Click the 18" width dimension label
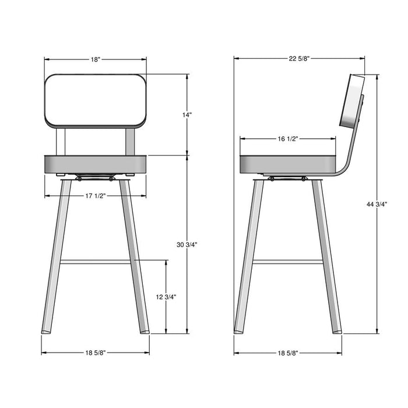(x=96, y=59)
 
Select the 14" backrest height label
(x=187, y=115)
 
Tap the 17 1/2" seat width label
(x=95, y=196)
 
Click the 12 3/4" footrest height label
(x=166, y=297)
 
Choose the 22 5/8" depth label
(x=298, y=58)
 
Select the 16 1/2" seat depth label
(x=287, y=139)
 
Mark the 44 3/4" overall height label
(x=377, y=204)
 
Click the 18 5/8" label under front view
(x=95, y=353)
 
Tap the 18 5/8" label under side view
(x=287, y=353)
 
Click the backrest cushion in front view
(x=96, y=100)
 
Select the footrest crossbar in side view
(x=288, y=262)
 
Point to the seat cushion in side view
(x=288, y=164)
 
